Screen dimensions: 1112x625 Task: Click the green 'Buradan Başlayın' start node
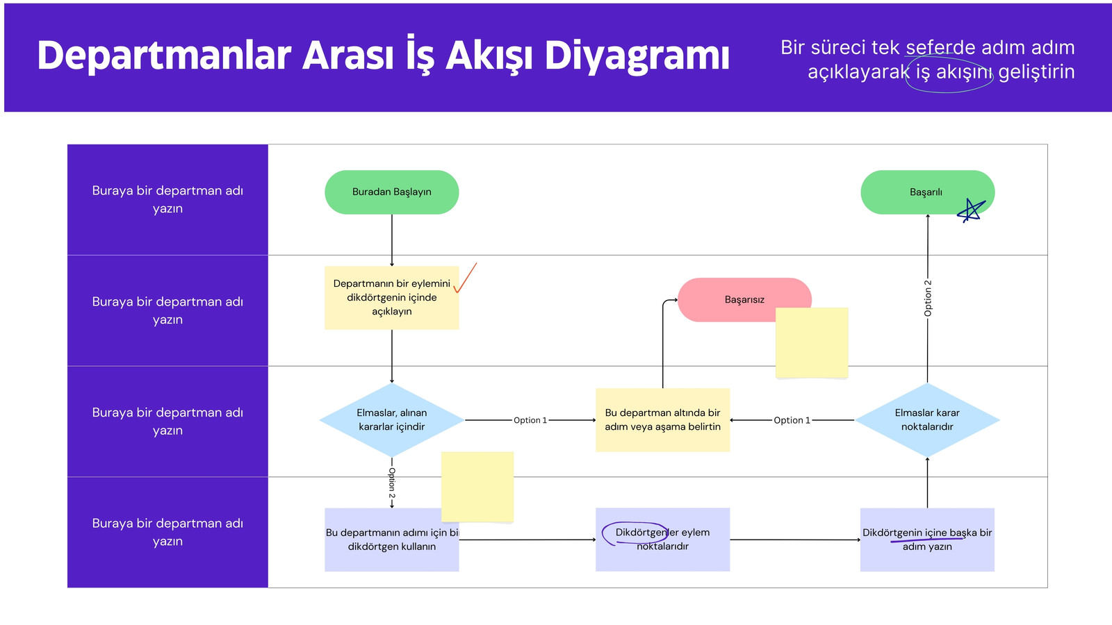tap(392, 192)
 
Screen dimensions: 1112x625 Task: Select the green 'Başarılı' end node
tap(927, 192)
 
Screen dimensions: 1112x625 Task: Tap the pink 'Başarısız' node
tap(744, 299)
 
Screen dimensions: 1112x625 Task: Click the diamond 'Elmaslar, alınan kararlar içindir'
tap(392, 419)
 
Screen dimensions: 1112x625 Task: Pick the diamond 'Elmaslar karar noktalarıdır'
tap(927, 419)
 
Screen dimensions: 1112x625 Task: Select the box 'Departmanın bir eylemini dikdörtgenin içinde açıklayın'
tap(392, 298)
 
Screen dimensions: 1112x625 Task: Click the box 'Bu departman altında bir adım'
tap(663, 419)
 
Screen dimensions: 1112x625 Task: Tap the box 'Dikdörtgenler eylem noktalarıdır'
tap(663, 539)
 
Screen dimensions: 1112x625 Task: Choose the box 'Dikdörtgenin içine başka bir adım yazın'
tap(927, 539)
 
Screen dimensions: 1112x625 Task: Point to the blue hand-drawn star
tap(971, 210)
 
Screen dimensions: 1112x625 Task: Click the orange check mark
tap(465, 278)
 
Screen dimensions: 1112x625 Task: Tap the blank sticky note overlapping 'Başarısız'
tap(812, 343)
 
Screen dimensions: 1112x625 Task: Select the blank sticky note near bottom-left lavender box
tap(477, 487)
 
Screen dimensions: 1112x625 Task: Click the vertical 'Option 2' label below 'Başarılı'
tap(928, 298)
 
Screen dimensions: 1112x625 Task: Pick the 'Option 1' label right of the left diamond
tap(530, 420)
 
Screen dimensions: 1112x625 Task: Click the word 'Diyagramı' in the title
tap(637, 56)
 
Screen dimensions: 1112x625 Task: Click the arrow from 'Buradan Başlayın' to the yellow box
tap(392, 240)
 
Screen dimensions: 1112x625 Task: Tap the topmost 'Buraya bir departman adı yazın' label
tap(167, 199)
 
